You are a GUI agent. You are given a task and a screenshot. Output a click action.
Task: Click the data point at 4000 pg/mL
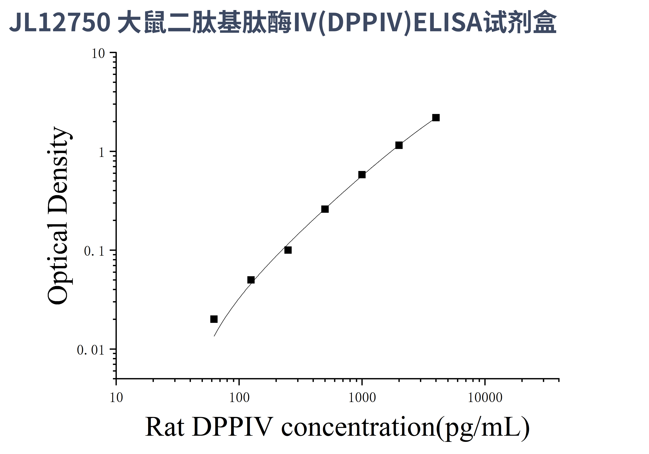point(436,118)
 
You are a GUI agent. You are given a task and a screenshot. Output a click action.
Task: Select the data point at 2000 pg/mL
point(399,145)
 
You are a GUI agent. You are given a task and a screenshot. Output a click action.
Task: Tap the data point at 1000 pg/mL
point(362,175)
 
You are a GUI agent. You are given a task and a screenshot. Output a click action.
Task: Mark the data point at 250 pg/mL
point(288,250)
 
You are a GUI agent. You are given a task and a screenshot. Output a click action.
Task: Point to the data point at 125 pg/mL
point(251,280)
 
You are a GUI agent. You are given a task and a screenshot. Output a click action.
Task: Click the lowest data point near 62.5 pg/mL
point(214,319)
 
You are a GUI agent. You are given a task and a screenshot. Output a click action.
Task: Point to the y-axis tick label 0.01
point(91,350)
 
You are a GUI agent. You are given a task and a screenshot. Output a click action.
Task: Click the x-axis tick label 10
point(116,398)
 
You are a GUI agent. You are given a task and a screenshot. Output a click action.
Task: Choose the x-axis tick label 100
point(239,398)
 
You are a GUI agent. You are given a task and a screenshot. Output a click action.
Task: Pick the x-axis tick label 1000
point(362,398)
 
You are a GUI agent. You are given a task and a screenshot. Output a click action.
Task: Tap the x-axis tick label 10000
point(485,398)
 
